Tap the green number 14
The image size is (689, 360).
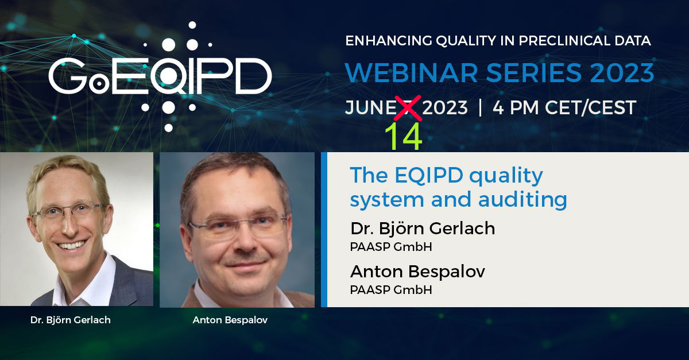(403, 136)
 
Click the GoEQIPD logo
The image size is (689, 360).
(160, 78)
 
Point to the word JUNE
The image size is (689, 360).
(368, 108)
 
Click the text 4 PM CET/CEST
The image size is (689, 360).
(564, 107)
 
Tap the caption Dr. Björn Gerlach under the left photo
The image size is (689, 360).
(70, 320)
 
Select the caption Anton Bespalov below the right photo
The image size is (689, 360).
(230, 320)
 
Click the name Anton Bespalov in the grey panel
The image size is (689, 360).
(417, 271)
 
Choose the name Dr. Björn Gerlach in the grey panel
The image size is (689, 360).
(423, 228)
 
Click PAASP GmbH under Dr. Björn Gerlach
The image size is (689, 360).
(390, 247)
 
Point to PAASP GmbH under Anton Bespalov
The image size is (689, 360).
(390, 290)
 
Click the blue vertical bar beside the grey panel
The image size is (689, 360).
(324, 230)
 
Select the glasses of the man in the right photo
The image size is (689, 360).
(238, 226)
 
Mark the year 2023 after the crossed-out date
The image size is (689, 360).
(446, 108)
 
